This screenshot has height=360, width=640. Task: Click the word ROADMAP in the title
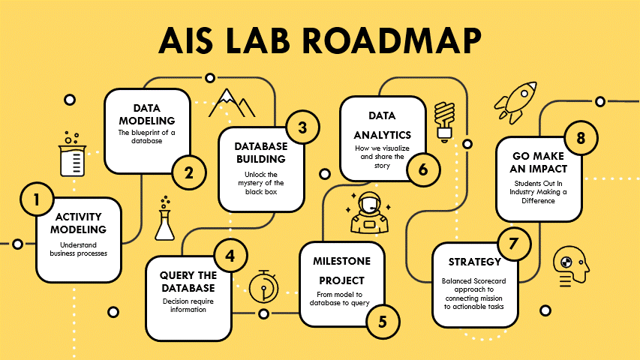tap(392, 40)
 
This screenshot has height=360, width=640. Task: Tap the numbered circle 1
tap(37, 199)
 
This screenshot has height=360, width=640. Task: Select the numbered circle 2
tap(189, 173)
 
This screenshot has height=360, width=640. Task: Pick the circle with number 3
tap(302, 127)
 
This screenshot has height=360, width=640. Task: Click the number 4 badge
tap(230, 256)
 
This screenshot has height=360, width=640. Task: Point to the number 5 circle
tap(383, 322)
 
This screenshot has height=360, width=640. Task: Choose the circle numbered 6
tap(423, 169)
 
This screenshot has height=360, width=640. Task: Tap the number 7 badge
tap(514, 244)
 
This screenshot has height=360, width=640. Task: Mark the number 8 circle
tap(581, 138)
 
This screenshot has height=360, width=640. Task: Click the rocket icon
tap(515, 103)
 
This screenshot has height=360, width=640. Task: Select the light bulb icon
tap(444, 121)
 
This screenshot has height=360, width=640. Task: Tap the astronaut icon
tap(369, 213)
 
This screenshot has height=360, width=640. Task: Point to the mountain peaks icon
tap(232, 103)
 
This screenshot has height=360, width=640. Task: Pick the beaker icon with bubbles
tap(72, 154)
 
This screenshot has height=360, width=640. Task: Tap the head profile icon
tap(571, 266)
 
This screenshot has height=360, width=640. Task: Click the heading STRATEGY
tap(475, 262)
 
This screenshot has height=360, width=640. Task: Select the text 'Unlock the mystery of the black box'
tap(261, 183)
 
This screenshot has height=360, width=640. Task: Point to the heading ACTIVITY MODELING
tap(78, 223)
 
